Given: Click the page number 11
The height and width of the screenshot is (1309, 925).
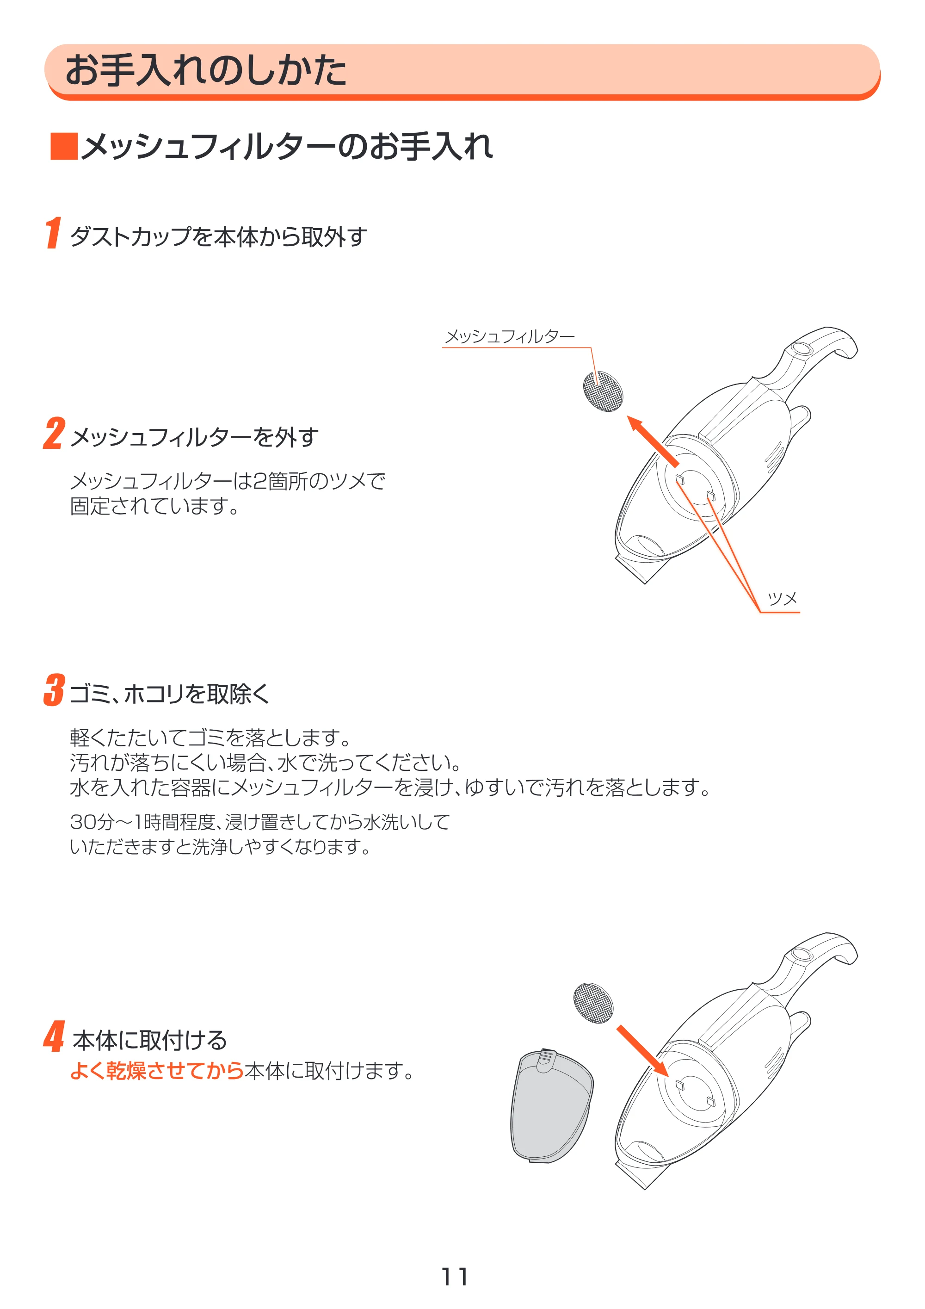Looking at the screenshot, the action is click(455, 1277).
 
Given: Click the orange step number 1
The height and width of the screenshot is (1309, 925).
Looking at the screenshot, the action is click(53, 233).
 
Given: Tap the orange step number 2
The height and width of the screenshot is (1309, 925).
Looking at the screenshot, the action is click(54, 433).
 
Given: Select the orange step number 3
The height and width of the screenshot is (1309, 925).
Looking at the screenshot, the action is click(54, 690).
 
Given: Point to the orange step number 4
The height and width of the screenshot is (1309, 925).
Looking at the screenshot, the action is click(54, 1036).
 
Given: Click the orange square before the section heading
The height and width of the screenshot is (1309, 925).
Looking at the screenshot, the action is click(64, 147).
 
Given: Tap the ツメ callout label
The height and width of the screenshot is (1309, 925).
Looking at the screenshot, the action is click(782, 599).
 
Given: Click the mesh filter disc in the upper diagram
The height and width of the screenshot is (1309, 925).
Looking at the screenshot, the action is click(603, 391).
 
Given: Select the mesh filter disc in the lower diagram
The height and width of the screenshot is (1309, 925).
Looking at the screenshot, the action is click(593, 1003).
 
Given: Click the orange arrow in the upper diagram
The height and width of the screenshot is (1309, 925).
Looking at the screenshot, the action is click(653, 441).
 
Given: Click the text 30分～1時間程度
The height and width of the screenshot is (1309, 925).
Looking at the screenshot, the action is click(142, 822).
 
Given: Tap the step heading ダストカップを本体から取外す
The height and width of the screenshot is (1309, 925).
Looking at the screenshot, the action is click(218, 236).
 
